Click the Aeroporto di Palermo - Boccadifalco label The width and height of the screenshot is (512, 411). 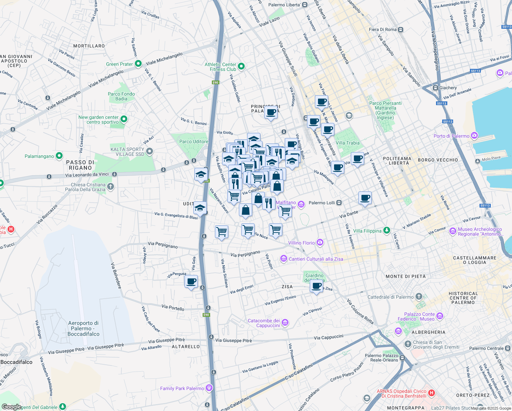83,328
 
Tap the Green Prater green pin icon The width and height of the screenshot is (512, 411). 138,64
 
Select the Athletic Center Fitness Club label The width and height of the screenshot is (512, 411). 220,67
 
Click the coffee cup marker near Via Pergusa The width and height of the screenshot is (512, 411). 191,282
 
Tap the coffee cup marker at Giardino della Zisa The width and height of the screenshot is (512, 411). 316,286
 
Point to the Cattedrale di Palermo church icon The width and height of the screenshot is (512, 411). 419,297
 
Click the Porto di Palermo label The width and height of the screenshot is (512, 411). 451,136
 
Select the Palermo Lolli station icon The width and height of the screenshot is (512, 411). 339,203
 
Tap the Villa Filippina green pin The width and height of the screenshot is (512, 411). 386,231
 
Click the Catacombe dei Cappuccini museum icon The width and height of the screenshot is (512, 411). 285,323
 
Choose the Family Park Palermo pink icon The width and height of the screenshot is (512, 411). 209,388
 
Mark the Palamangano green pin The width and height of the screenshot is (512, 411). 59,156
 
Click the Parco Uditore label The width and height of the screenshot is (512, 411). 194,141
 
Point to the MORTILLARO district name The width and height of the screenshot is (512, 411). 89,46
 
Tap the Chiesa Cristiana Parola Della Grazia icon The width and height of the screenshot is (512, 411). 110,187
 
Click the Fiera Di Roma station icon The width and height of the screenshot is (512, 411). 400,30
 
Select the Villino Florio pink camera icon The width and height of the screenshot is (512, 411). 320,242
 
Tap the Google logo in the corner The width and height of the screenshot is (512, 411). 11,407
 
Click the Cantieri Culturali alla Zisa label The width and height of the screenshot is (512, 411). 316,259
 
